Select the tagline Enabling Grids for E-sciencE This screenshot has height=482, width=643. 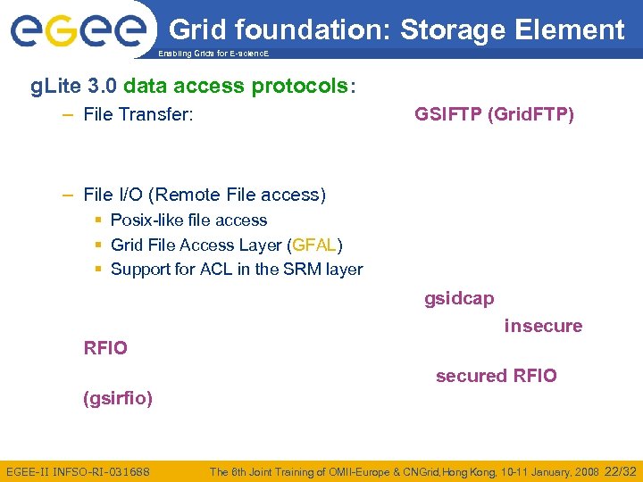pyautogui.click(x=212, y=54)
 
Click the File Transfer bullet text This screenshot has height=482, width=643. pyautogui.click(x=138, y=114)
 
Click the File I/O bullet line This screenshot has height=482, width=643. pyautogui.click(x=205, y=195)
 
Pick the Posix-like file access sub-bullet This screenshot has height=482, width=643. pyautogui.click(x=188, y=220)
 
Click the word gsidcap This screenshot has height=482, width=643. pyautogui.click(x=459, y=299)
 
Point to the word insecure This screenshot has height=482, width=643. pyautogui.click(x=543, y=326)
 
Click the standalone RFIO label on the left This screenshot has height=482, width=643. pyautogui.click(x=105, y=348)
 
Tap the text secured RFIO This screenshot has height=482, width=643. pyautogui.click(x=496, y=376)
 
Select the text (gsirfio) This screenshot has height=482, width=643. pyautogui.click(x=118, y=398)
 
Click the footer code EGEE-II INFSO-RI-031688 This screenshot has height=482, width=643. pyautogui.click(x=78, y=471)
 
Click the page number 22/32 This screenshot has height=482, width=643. pyautogui.click(x=621, y=471)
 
